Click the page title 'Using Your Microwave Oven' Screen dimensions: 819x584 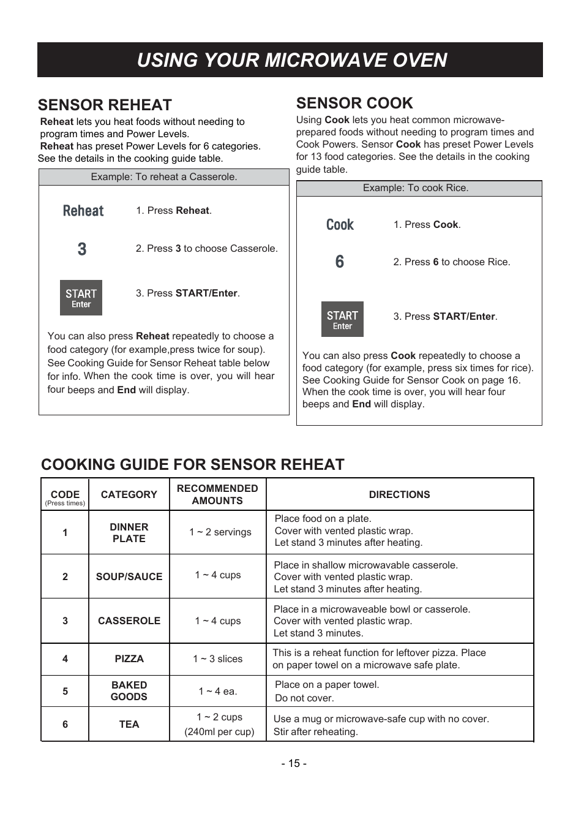tap(292, 60)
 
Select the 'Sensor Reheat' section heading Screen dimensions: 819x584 tap(105, 105)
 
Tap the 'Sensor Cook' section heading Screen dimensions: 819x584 tap(354, 103)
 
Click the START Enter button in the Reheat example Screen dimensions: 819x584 tap(81, 298)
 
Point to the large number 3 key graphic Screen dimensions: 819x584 tap(82, 249)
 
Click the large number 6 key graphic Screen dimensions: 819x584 tap(340, 262)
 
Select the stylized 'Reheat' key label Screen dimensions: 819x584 tap(83, 211)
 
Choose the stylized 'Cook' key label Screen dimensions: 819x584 tap(340, 225)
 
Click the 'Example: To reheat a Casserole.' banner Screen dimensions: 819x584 tap(164, 177)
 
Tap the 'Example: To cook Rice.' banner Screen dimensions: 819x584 tap(416, 188)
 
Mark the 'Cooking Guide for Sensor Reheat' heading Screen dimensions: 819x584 tap(192, 464)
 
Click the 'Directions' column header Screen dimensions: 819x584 tap(399, 494)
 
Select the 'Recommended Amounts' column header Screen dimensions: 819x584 tap(217, 494)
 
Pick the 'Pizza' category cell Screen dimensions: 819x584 tap(129, 659)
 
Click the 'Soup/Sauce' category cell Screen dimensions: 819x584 tap(129, 576)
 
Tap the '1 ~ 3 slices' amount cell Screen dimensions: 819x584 tap(217, 659)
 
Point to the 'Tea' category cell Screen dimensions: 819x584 tap(129, 724)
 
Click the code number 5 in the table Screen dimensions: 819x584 tap(65, 691)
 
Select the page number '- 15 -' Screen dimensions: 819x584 tap(294, 763)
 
